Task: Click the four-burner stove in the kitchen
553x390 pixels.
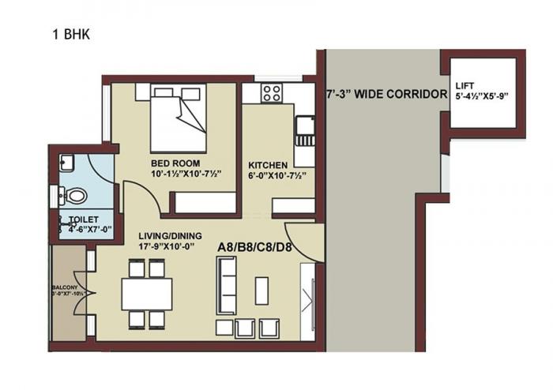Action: pyautogui.click(x=272, y=93)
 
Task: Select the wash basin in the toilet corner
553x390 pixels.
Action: pyautogui.click(x=66, y=163)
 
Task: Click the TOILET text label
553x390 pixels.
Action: pyautogui.click(x=82, y=221)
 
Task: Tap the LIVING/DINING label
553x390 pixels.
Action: pyautogui.click(x=170, y=235)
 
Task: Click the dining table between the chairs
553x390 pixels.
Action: pyautogui.click(x=147, y=294)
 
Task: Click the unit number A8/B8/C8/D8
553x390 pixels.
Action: pyautogui.click(x=254, y=247)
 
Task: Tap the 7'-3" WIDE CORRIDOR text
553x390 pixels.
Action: pyautogui.click(x=387, y=93)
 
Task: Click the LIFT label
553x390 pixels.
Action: pyautogui.click(x=465, y=86)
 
